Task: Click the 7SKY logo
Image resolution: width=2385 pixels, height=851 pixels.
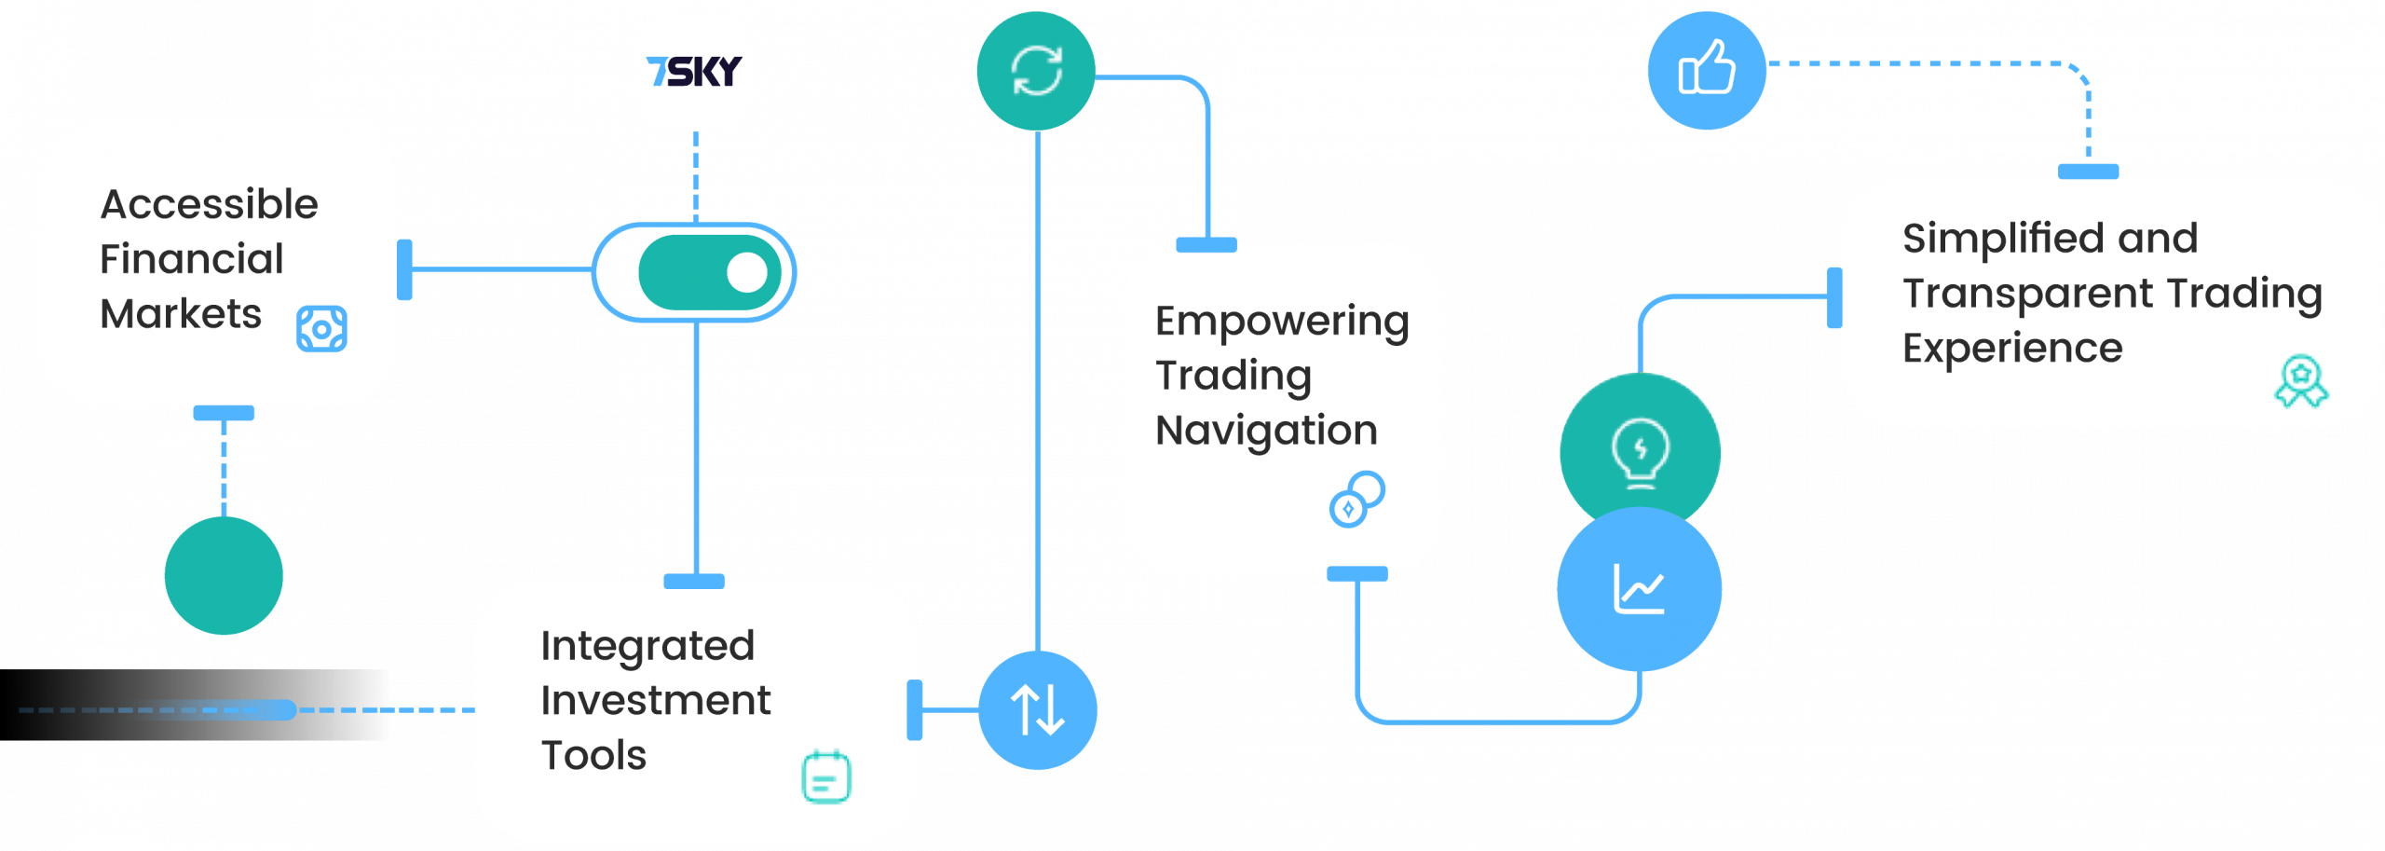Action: pos(694,71)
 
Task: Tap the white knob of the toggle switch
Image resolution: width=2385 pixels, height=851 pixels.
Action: pos(746,272)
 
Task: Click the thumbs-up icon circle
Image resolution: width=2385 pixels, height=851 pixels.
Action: pos(1706,70)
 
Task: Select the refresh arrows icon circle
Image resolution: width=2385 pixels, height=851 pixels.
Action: pos(1036,71)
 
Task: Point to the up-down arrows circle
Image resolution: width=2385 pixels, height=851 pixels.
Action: pos(1038,710)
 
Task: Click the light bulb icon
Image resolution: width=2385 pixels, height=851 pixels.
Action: pos(1640,452)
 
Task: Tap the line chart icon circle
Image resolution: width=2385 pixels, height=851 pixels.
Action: pos(1639,589)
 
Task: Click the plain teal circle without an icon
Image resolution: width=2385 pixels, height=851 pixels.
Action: pos(224,575)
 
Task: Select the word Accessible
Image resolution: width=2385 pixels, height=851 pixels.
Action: pos(210,204)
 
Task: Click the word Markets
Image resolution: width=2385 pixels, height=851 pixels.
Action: pos(181,314)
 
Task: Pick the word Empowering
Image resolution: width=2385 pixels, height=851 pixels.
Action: pos(1282,322)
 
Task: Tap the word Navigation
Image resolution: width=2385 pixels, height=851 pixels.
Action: pos(1266,431)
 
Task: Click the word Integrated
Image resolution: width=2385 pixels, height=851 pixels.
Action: pos(647,645)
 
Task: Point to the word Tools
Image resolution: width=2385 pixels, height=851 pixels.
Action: pos(593,755)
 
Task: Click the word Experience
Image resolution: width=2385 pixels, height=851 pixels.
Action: pos(2012,349)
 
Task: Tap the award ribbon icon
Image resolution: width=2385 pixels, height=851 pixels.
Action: pos(2301,381)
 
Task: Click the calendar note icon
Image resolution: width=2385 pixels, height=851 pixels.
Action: pos(826,776)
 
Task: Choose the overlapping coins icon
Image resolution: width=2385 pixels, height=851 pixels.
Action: pos(1356,500)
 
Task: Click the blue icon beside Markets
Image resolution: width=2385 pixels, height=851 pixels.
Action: pos(321,329)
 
